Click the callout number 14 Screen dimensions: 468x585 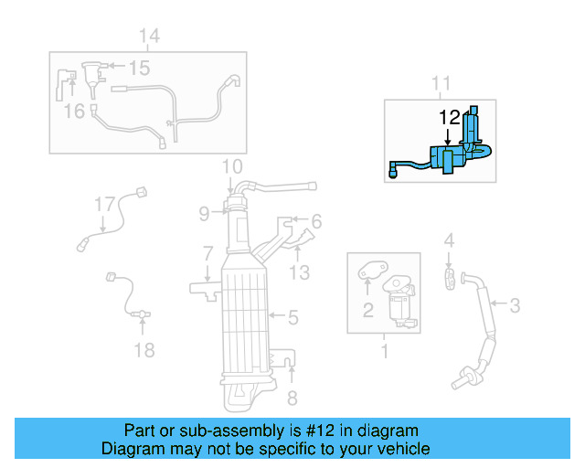click(x=149, y=36)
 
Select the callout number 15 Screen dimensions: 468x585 click(x=138, y=68)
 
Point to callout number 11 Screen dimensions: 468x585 click(x=441, y=84)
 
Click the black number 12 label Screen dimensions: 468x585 click(x=450, y=118)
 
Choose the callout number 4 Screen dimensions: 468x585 click(x=449, y=241)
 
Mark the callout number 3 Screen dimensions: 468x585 click(x=515, y=305)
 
